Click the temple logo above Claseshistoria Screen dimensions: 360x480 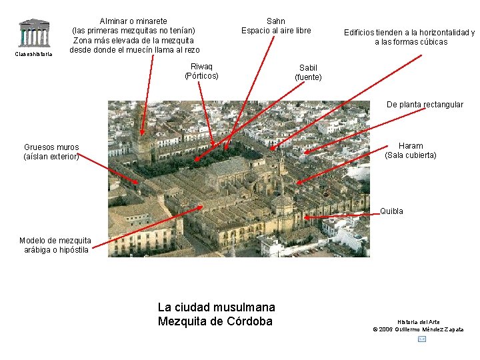[33, 33]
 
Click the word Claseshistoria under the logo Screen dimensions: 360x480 [33, 54]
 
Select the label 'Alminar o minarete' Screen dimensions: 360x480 [133, 21]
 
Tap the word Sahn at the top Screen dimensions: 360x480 [275, 21]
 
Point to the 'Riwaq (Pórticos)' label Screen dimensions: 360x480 [201, 71]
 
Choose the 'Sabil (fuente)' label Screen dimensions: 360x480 [308, 73]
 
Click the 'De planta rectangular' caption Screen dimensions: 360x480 [425, 105]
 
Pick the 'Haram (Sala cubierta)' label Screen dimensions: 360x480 [411, 151]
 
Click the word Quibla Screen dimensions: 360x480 [391, 211]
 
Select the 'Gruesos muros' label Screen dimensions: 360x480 [51, 147]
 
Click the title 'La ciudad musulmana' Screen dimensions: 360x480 [216, 307]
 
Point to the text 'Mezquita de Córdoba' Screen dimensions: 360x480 [215, 321]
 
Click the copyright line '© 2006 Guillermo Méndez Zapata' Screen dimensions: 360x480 [418, 329]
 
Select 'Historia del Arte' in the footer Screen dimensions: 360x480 [419, 322]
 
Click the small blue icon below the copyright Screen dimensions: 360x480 [421, 339]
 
